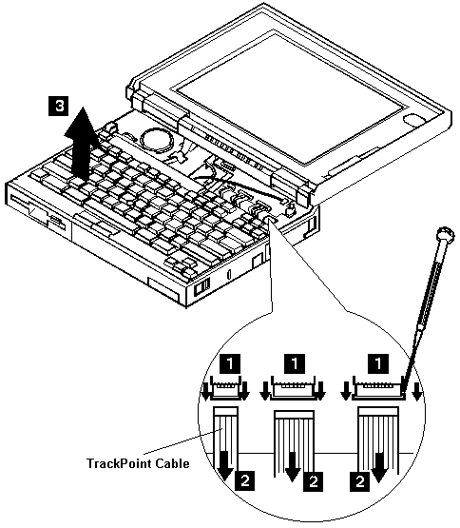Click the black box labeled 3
point(59,106)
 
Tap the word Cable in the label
point(173,463)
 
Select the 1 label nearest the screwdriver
point(378,363)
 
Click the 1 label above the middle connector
point(294,363)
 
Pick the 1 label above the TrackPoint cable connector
point(230,363)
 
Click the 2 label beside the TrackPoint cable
point(245,480)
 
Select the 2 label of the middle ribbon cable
point(313,481)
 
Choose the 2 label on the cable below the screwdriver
point(359,481)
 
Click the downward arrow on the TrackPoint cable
point(224,465)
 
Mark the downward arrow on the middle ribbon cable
point(293,466)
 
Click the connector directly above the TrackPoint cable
point(226,388)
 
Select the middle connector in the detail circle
point(293,388)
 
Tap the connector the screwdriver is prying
point(378,388)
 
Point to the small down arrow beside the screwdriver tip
point(417,392)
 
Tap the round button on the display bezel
point(413,119)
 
